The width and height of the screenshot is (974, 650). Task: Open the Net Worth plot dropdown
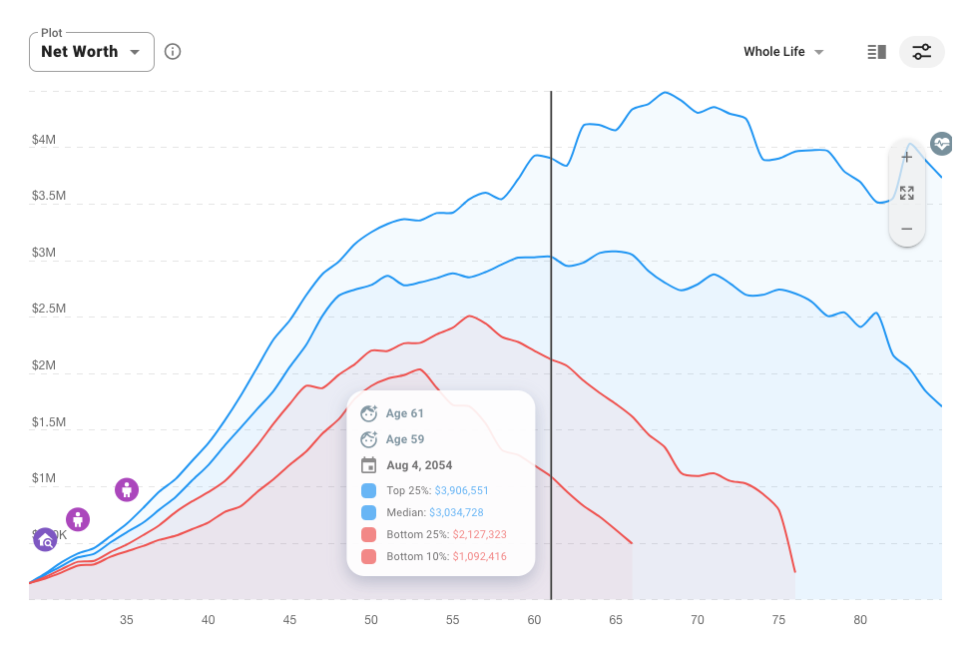coord(91,52)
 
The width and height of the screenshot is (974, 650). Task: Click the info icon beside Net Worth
coord(173,52)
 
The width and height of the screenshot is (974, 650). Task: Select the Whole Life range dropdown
coord(783,52)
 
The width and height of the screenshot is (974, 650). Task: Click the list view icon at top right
coord(876,52)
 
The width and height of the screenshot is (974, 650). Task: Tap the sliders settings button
coord(921,52)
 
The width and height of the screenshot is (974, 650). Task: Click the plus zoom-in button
coord(906,158)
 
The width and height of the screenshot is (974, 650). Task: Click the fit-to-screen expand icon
coord(906,193)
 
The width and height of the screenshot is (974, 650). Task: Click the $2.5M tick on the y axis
coord(48,309)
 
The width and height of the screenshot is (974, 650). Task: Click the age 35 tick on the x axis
coord(127,620)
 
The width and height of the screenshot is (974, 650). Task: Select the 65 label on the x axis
coord(616,620)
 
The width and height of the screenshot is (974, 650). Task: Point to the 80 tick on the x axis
coord(860,620)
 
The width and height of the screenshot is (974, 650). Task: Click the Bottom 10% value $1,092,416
coord(479,556)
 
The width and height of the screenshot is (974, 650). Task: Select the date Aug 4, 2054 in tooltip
coord(419,465)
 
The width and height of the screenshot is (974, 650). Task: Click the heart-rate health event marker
coord(941,144)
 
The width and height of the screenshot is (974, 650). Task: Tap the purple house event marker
coord(45,540)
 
